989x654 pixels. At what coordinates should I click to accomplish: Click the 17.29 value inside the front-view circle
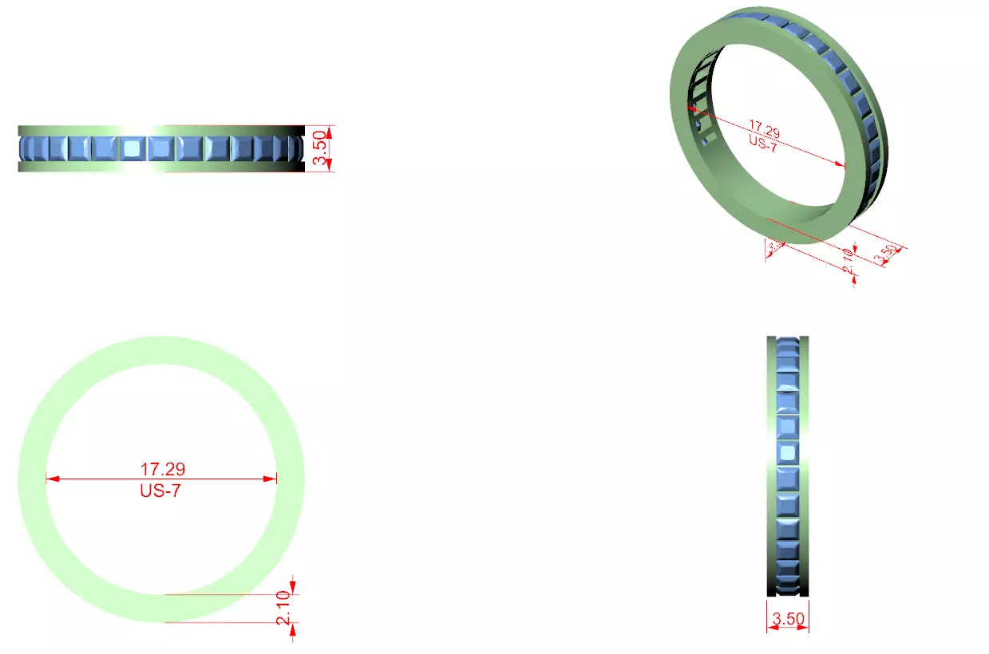(x=163, y=469)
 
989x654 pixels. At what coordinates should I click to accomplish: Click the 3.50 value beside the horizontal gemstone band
(x=319, y=149)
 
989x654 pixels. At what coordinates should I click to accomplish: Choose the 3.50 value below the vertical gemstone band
(x=788, y=617)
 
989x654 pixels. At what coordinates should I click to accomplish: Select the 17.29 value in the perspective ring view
(x=764, y=127)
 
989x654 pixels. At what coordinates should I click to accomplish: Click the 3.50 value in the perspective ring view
(x=886, y=254)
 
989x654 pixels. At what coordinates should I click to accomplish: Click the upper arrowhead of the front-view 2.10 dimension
(x=293, y=589)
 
